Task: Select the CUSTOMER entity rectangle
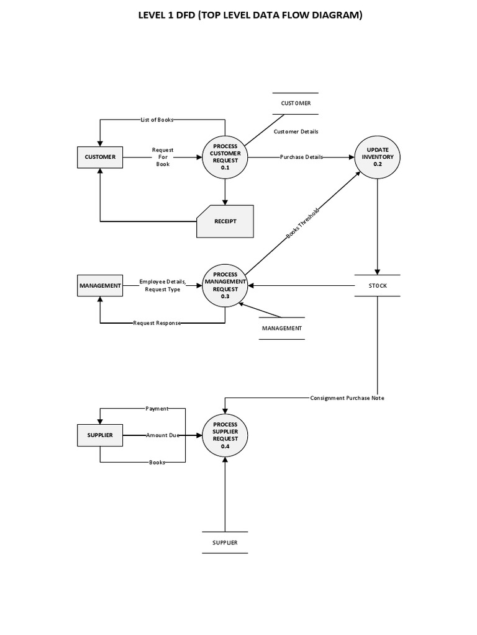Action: coord(100,157)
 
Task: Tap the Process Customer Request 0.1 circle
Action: coord(225,157)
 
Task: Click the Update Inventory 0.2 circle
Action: coord(378,157)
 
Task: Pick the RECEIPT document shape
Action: coord(225,221)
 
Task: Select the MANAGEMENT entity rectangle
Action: coord(100,285)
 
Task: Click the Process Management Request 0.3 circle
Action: coord(225,285)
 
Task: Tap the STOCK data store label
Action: coord(378,286)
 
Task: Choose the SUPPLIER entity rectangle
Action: coord(100,435)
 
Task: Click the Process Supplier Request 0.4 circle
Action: coord(225,435)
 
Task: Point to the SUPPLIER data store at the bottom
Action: coord(225,543)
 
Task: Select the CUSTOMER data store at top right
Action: coord(296,103)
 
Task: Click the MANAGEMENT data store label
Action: coord(282,328)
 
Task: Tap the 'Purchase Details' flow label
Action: coord(301,157)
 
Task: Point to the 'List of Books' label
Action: coord(157,120)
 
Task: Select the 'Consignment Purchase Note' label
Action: coord(347,398)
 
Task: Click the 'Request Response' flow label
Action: coord(157,323)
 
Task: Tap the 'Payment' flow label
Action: coord(157,409)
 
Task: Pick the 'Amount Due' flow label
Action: coord(162,435)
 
